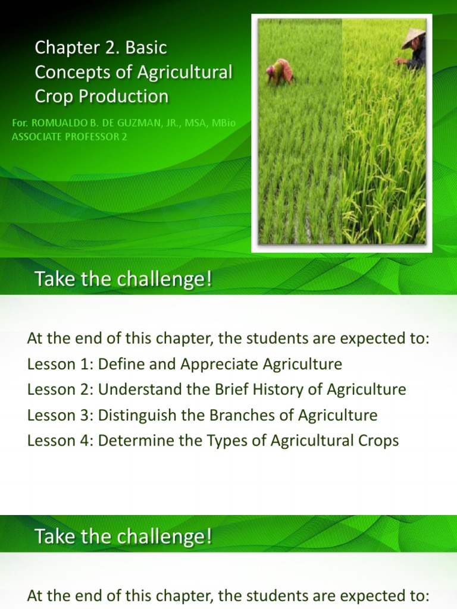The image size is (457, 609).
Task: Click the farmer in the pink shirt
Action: pos(280,70)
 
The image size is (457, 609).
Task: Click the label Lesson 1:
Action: pos(60,364)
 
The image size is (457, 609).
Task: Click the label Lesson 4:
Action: pos(60,441)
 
